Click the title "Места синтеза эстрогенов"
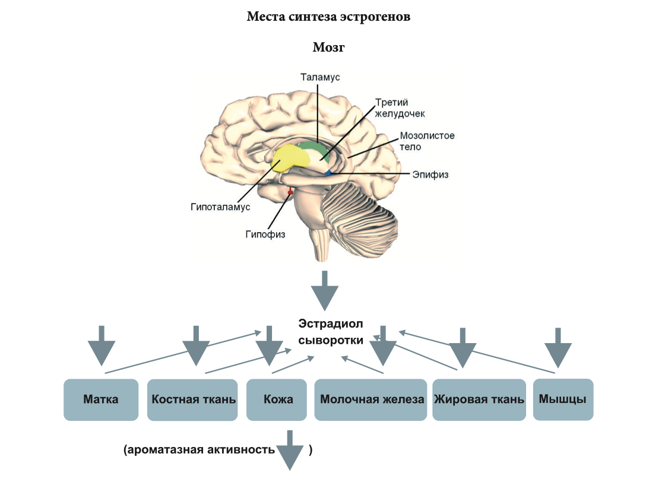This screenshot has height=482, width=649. [328, 17]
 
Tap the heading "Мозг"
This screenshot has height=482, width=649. [328, 47]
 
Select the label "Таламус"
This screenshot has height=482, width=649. [320, 77]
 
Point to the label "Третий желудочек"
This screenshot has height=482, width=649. [400, 108]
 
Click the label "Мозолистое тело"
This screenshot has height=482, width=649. [427, 141]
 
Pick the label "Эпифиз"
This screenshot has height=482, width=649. [430, 175]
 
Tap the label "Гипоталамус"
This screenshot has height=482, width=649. [221, 207]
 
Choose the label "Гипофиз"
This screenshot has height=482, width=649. [265, 234]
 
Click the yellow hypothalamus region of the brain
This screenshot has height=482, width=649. [290, 158]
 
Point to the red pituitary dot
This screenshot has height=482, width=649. [290, 192]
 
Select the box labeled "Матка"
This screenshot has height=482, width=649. [101, 399]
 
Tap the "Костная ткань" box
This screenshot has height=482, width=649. [194, 399]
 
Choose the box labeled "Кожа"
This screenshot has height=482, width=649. [278, 399]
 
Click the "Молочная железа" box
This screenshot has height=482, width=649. [372, 399]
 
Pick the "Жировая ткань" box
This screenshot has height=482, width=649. [479, 399]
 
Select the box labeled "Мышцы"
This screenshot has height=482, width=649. [562, 399]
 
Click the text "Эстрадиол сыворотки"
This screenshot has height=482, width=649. [330, 332]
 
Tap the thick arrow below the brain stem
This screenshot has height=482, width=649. [324, 291]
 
